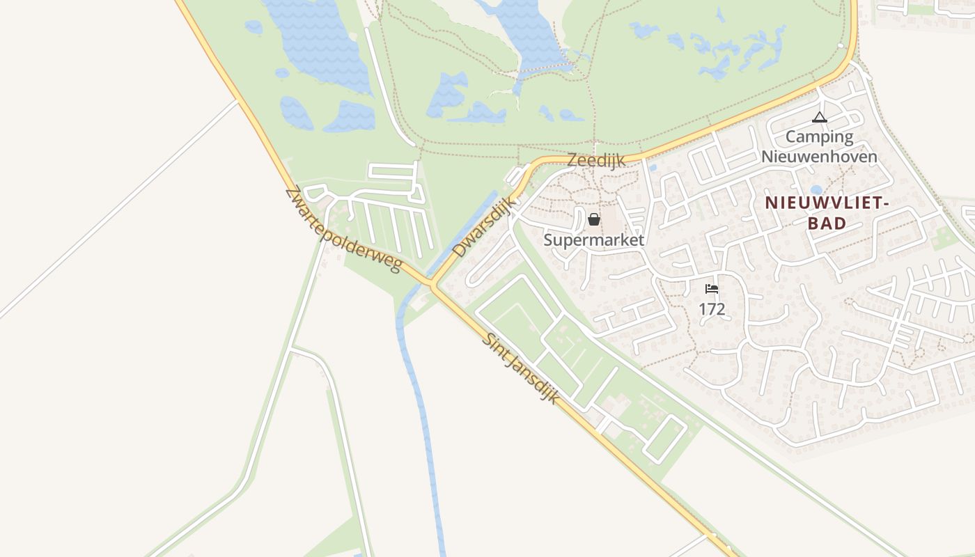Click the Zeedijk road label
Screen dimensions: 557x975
coord(595,160)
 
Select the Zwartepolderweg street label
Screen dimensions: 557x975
coord(344,229)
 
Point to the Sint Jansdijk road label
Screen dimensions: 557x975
coord(522,368)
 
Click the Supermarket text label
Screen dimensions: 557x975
coord(593,240)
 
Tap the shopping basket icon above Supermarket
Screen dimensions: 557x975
coord(594,220)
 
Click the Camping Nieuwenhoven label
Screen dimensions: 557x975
coord(819,146)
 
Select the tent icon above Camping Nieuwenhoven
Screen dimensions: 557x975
coord(819,118)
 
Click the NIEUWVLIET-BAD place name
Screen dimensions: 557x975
coord(827,213)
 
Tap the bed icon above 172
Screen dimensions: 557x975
coord(711,289)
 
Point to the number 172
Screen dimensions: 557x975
coord(712,309)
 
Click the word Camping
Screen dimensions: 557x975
coord(819,136)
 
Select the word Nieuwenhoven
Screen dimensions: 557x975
coord(819,156)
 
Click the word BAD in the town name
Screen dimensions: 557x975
coord(828,223)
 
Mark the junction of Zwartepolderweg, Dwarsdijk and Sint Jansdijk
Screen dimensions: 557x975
coord(432,285)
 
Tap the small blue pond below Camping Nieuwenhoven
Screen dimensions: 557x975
coord(816,190)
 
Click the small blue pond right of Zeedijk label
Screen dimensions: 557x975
coord(652,168)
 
